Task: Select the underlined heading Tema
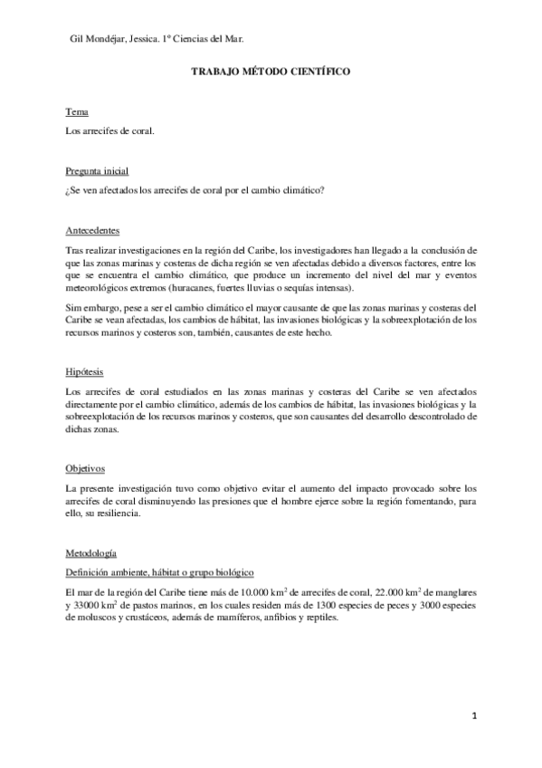(77, 111)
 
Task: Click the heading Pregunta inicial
(97, 170)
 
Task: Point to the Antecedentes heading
(93, 229)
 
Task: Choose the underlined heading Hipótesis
(84, 371)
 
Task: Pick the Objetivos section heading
(86, 468)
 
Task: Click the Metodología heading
(90, 552)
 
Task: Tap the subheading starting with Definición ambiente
(159, 572)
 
